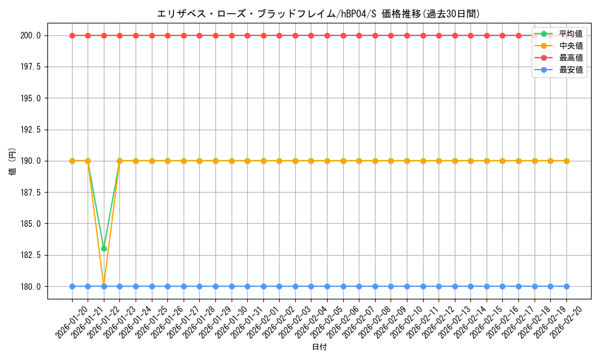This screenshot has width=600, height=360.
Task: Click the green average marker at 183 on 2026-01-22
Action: coord(104,248)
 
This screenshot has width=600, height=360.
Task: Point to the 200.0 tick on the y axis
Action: coord(31,35)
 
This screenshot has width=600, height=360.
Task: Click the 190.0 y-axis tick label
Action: coord(31,161)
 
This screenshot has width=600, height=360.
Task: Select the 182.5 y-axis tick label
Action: coord(31,255)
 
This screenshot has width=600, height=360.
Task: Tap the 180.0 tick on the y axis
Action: coord(31,286)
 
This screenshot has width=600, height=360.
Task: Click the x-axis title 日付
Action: coord(319,347)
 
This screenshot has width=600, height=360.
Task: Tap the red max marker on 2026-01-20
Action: coord(72,35)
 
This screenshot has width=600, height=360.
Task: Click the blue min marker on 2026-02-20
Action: coord(566,286)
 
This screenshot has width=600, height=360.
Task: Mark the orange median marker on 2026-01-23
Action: coord(119,161)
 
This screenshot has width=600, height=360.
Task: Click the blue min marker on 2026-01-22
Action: coord(104,286)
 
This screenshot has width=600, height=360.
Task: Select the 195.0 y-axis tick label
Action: coord(31,98)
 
